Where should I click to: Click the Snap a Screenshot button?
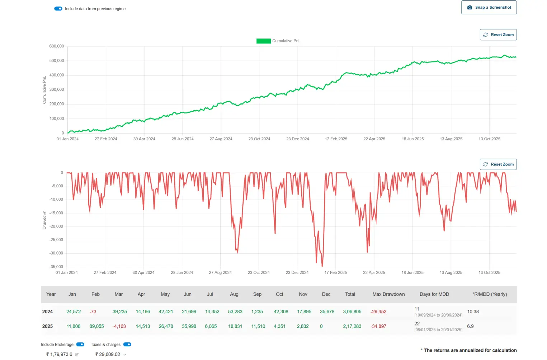(x=489, y=8)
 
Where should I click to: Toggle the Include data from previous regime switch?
(x=58, y=9)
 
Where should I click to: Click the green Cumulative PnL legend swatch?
(x=263, y=41)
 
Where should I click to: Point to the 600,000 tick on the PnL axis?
(x=57, y=46)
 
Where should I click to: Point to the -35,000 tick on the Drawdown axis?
(x=56, y=267)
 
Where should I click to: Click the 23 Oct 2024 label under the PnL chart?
(x=259, y=139)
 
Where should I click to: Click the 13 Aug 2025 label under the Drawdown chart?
(x=451, y=273)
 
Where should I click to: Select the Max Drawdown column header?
(x=388, y=294)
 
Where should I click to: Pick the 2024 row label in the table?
(x=47, y=312)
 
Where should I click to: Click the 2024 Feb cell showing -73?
(x=93, y=312)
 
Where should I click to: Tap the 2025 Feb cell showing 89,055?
(x=96, y=326)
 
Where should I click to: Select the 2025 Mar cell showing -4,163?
(x=119, y=326)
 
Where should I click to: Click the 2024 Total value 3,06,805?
(x=352, y=312)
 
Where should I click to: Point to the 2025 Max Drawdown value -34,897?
(x=378, y=326)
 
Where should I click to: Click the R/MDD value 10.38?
(x=473, y=312)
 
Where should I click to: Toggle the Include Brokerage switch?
(x=80, y=345)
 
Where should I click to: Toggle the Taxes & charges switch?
(x=127, y=345)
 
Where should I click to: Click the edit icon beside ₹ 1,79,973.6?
(x=77, y=355)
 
